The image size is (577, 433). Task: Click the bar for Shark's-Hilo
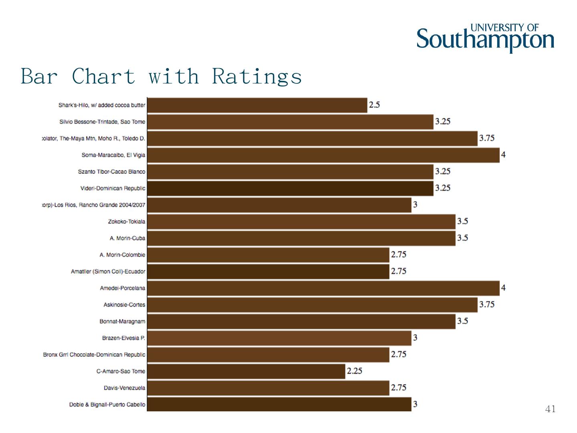coord(257,105)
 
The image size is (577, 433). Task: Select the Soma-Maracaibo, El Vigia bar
coord(323,155)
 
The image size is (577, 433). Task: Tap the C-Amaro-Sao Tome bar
coord(246,371)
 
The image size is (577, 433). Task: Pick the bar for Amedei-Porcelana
coord(323,288)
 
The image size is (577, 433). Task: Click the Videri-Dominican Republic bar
coord(290,188)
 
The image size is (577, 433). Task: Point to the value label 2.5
coord(374,105)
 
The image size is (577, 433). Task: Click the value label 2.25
coord(354,371)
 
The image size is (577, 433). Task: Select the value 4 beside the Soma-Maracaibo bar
coord(503,155)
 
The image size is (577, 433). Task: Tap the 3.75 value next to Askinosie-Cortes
coord(487,305)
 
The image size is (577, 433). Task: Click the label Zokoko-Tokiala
coord(127,222)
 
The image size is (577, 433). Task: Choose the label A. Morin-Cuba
coord(127,239)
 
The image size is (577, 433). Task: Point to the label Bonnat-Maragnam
coord(122,322)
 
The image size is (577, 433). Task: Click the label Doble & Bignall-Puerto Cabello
coord(107,405)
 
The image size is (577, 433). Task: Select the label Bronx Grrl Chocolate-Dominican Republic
coord(94,355)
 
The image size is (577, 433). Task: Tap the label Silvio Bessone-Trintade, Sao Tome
coord(102,122)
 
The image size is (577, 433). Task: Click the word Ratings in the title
coord(257,76)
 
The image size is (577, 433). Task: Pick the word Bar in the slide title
coord(39,76)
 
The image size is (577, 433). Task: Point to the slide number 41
coord(551,409)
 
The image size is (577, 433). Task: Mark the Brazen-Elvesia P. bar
coord(279,338)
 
